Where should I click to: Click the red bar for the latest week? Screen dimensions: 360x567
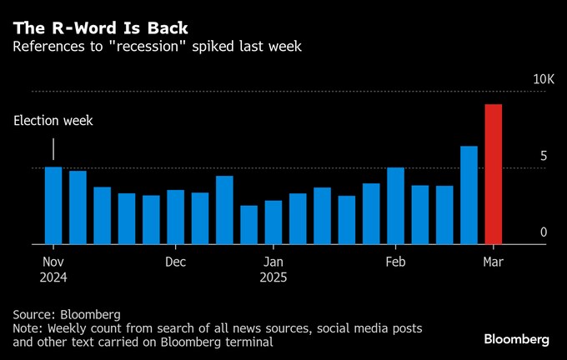pyautogui.click(x=493, y=175)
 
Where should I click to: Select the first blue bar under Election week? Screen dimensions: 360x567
pyautogui.click(x=53, y=206)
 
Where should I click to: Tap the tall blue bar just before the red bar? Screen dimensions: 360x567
pyautogui.click(x=469, y=196)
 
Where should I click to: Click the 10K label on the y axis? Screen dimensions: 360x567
pyautogui.click(x=544, y=79)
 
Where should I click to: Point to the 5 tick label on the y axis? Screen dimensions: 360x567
pyautogui.click(x=543, y=156)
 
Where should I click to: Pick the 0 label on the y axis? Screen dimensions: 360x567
pyautogui.click(x=543, y=232)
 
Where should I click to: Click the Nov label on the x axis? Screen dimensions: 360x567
pyautogui.click(x=54, y=262)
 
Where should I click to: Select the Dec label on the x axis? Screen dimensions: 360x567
pyautogui.click(x=175, y=262)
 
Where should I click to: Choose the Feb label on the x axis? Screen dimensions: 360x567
pyautogui.click(x=395, y=262)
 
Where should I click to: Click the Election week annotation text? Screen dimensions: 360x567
pyautogui.click(x=53, y=121)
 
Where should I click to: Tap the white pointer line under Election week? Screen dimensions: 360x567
pyautogui.click(x=53, y=149)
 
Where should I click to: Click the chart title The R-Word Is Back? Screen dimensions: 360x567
pyautogui.click(x=100, y=27)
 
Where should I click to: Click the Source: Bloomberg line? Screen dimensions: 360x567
pyautogui.click(x=67, y=314)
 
